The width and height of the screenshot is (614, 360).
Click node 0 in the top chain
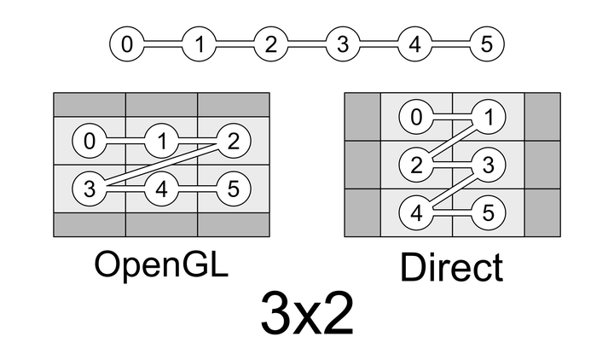[127, 44]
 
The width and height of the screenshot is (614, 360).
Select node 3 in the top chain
[343, 44]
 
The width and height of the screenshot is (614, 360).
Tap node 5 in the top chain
[486, 44]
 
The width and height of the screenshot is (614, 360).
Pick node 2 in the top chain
[270, 44]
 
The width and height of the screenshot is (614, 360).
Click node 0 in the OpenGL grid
[90, 140]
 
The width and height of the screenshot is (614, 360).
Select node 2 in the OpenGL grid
[233, 140]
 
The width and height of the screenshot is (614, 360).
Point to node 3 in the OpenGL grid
[90, 188]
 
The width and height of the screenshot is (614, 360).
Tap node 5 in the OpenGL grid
[233, 188]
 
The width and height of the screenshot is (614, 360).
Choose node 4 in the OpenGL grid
[161, 188]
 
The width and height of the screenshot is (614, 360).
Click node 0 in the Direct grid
[416, 118]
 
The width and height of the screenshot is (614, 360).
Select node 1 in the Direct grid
[488, 118]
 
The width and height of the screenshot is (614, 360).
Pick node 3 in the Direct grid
[488, 165]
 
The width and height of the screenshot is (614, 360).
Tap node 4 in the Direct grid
[416, 212]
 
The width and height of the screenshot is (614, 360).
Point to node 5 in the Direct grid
[488, 212]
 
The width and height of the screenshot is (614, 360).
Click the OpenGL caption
[161, 264]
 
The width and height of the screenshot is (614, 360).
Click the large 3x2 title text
[306, 315]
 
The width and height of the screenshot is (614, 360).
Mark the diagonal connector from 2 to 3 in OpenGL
[161, 164]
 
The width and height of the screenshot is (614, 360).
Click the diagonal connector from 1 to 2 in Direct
[452, 141]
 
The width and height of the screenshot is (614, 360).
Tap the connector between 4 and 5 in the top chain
[450, 44]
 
